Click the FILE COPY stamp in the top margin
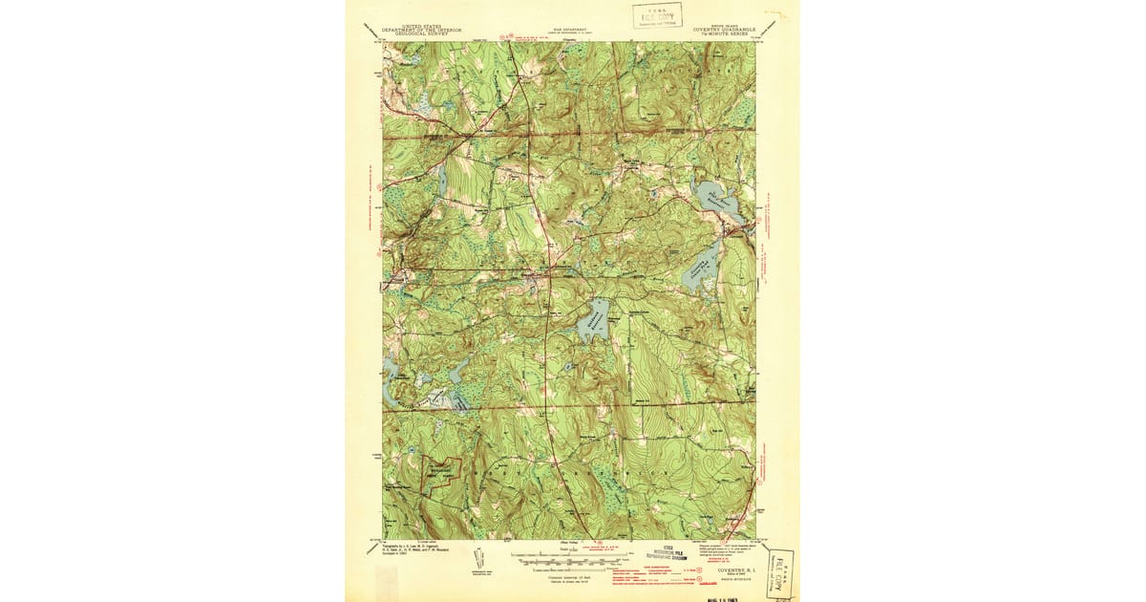tap(657, 15)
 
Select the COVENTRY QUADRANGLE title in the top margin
tap(724, 30)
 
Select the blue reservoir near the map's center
tap(594, 320)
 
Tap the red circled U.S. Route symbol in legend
tap(678, 570)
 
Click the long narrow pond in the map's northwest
tap(441, 178)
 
